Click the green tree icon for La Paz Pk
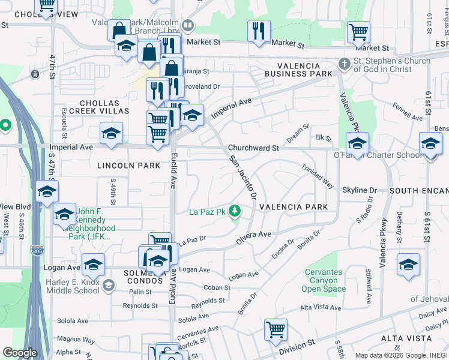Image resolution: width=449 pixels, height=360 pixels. (x=236, y=211)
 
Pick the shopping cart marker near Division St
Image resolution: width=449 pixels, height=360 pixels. (x=276, y=329)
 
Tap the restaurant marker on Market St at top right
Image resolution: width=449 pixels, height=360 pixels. (x=259, y=31)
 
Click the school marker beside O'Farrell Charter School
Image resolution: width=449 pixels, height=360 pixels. (x=357, y=144)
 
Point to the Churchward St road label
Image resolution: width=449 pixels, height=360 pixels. (x=253, y=148)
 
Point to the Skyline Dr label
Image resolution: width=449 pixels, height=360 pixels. (x=359, y=190)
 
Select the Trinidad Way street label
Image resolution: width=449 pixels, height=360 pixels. (x=318, y=176)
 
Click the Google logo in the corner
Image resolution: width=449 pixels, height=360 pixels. (x=19, y=353)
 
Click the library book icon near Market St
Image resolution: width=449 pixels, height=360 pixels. (x=188, y=25)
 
